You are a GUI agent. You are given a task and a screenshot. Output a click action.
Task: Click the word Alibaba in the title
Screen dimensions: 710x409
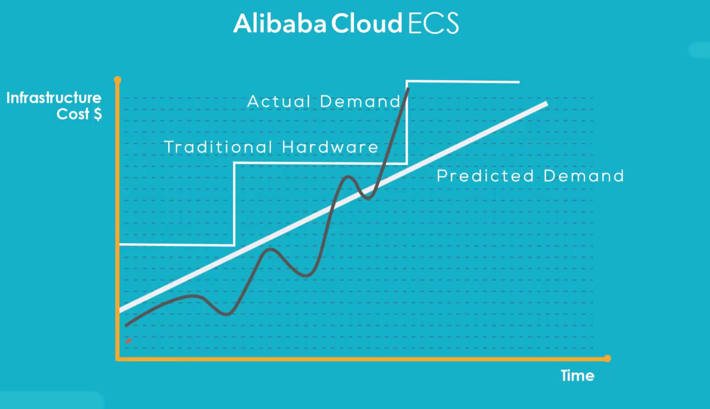(279, 23)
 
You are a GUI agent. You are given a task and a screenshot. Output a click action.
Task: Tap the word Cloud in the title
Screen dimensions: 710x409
(367, 23)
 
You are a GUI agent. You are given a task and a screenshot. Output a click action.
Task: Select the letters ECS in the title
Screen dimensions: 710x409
(433, 23)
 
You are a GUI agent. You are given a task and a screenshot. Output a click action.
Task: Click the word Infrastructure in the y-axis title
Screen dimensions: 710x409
(54, 98)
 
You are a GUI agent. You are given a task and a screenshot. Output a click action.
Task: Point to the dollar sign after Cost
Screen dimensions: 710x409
(98, 114)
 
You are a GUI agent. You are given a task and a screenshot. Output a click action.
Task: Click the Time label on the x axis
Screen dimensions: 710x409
(578, 376)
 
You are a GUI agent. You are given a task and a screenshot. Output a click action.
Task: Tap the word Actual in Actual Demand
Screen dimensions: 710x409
(279, 102)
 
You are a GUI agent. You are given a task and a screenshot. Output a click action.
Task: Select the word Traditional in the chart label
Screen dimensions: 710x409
(218, 147)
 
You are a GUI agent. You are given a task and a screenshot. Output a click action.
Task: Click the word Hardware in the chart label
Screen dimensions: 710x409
(330, 147)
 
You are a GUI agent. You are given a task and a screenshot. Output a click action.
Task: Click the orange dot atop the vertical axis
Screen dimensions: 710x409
(118, 80)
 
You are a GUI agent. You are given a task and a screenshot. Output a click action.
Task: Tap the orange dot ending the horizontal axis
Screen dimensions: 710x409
(607, 358)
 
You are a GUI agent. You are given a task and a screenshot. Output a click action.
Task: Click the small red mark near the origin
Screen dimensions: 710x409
(129, 341)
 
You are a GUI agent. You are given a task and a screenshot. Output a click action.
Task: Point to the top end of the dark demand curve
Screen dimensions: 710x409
(408, 89)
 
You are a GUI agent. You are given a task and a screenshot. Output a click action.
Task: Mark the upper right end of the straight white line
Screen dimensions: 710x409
(547, 103)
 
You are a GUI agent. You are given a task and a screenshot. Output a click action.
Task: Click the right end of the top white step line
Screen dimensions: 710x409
(519, 82)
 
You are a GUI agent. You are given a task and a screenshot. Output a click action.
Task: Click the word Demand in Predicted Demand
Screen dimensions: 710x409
(584, 176)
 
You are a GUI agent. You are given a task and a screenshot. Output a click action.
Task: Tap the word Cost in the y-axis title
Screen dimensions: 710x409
(73, 114)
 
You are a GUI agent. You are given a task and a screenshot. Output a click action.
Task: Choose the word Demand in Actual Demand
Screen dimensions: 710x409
(360, 102)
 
